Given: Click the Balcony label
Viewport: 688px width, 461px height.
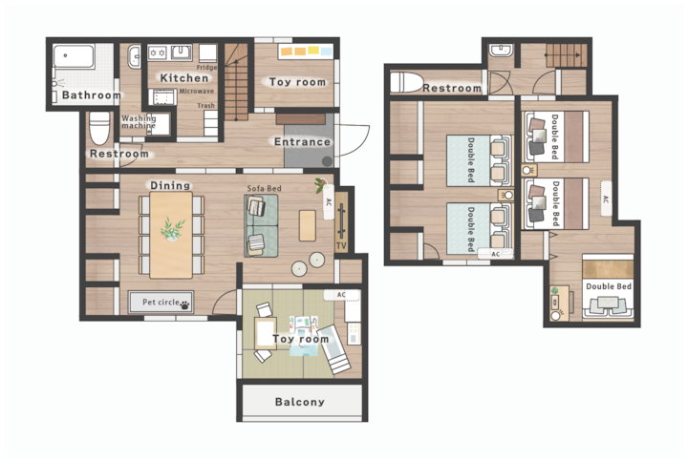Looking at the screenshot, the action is point(300,402).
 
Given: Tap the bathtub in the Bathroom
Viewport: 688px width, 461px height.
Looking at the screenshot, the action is point(74,57).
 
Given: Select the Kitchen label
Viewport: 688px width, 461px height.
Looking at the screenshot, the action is point(183,78).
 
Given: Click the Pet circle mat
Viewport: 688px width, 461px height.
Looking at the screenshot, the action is point(161,302).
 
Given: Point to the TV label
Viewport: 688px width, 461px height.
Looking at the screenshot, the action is point(341,246).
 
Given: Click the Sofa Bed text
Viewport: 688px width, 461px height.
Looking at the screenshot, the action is point(264,188).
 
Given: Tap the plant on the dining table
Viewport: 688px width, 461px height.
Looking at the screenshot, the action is point(172,229).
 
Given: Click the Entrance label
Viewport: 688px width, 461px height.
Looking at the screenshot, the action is point(302,142).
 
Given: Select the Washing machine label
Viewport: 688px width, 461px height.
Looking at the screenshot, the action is point(139,122).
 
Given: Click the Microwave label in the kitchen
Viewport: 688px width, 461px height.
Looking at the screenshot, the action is point(197,91).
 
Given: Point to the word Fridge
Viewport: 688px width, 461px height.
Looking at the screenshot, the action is point(206,68).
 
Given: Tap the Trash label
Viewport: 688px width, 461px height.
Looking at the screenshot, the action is point(205,106).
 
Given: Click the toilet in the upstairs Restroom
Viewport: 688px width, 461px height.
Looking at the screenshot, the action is point(407,82).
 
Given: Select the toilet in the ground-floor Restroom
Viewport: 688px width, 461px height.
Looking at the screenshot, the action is point(99,128).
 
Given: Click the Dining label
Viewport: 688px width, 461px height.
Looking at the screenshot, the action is point(170,185).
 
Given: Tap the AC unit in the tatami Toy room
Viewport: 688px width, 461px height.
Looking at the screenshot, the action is point(341,295).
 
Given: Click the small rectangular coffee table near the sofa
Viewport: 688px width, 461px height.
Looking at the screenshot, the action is point(308,225).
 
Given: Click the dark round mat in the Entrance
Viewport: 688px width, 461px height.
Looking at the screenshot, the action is point(328,161).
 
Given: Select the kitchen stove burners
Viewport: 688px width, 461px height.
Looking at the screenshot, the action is point(157,53).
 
